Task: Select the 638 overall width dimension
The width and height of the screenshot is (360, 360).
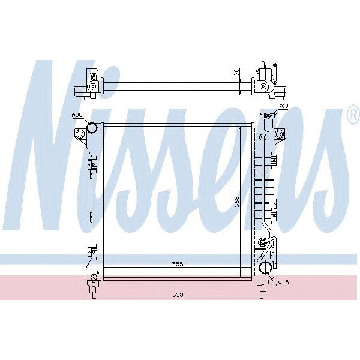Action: coord(176,295)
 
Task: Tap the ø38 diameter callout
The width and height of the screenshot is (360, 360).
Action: coord(77,115)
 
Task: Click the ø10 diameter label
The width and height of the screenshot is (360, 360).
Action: coord(284,107)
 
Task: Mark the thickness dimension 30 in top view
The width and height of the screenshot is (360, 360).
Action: coord(238,73)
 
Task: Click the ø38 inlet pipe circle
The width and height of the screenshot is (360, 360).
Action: coord(92,127)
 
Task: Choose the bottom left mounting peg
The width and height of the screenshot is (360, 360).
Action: coord(92,289)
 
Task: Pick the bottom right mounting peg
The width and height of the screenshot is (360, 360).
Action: coord(262,289)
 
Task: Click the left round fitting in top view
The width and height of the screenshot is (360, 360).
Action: coord(92,87)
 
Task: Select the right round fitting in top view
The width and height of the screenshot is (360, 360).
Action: coord(263,87)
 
